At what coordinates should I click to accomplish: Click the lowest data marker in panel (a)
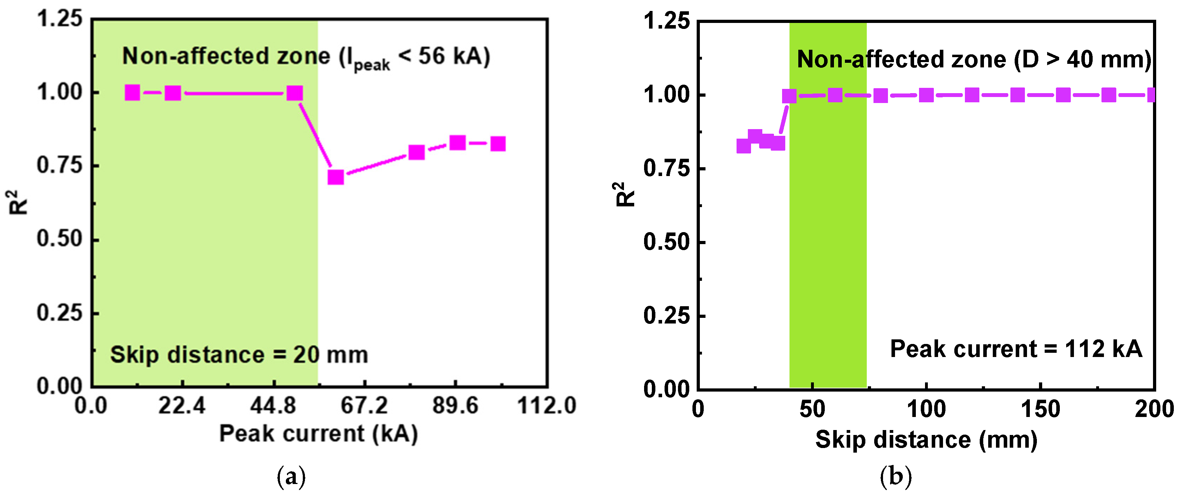336,177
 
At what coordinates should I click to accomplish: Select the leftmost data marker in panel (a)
132,93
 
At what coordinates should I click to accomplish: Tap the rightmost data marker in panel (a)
498,144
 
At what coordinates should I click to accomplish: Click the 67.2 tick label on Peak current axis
365,406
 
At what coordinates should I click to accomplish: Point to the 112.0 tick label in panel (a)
546,406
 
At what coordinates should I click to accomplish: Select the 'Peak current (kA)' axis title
319,434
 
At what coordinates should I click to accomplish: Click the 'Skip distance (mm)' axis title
926,440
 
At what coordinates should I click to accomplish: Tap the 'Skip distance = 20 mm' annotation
239,355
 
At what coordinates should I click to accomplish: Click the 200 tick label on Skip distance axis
1154,409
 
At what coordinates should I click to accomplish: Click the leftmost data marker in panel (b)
744,146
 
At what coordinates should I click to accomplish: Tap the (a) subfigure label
291,477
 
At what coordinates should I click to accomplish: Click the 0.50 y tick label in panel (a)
60,239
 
